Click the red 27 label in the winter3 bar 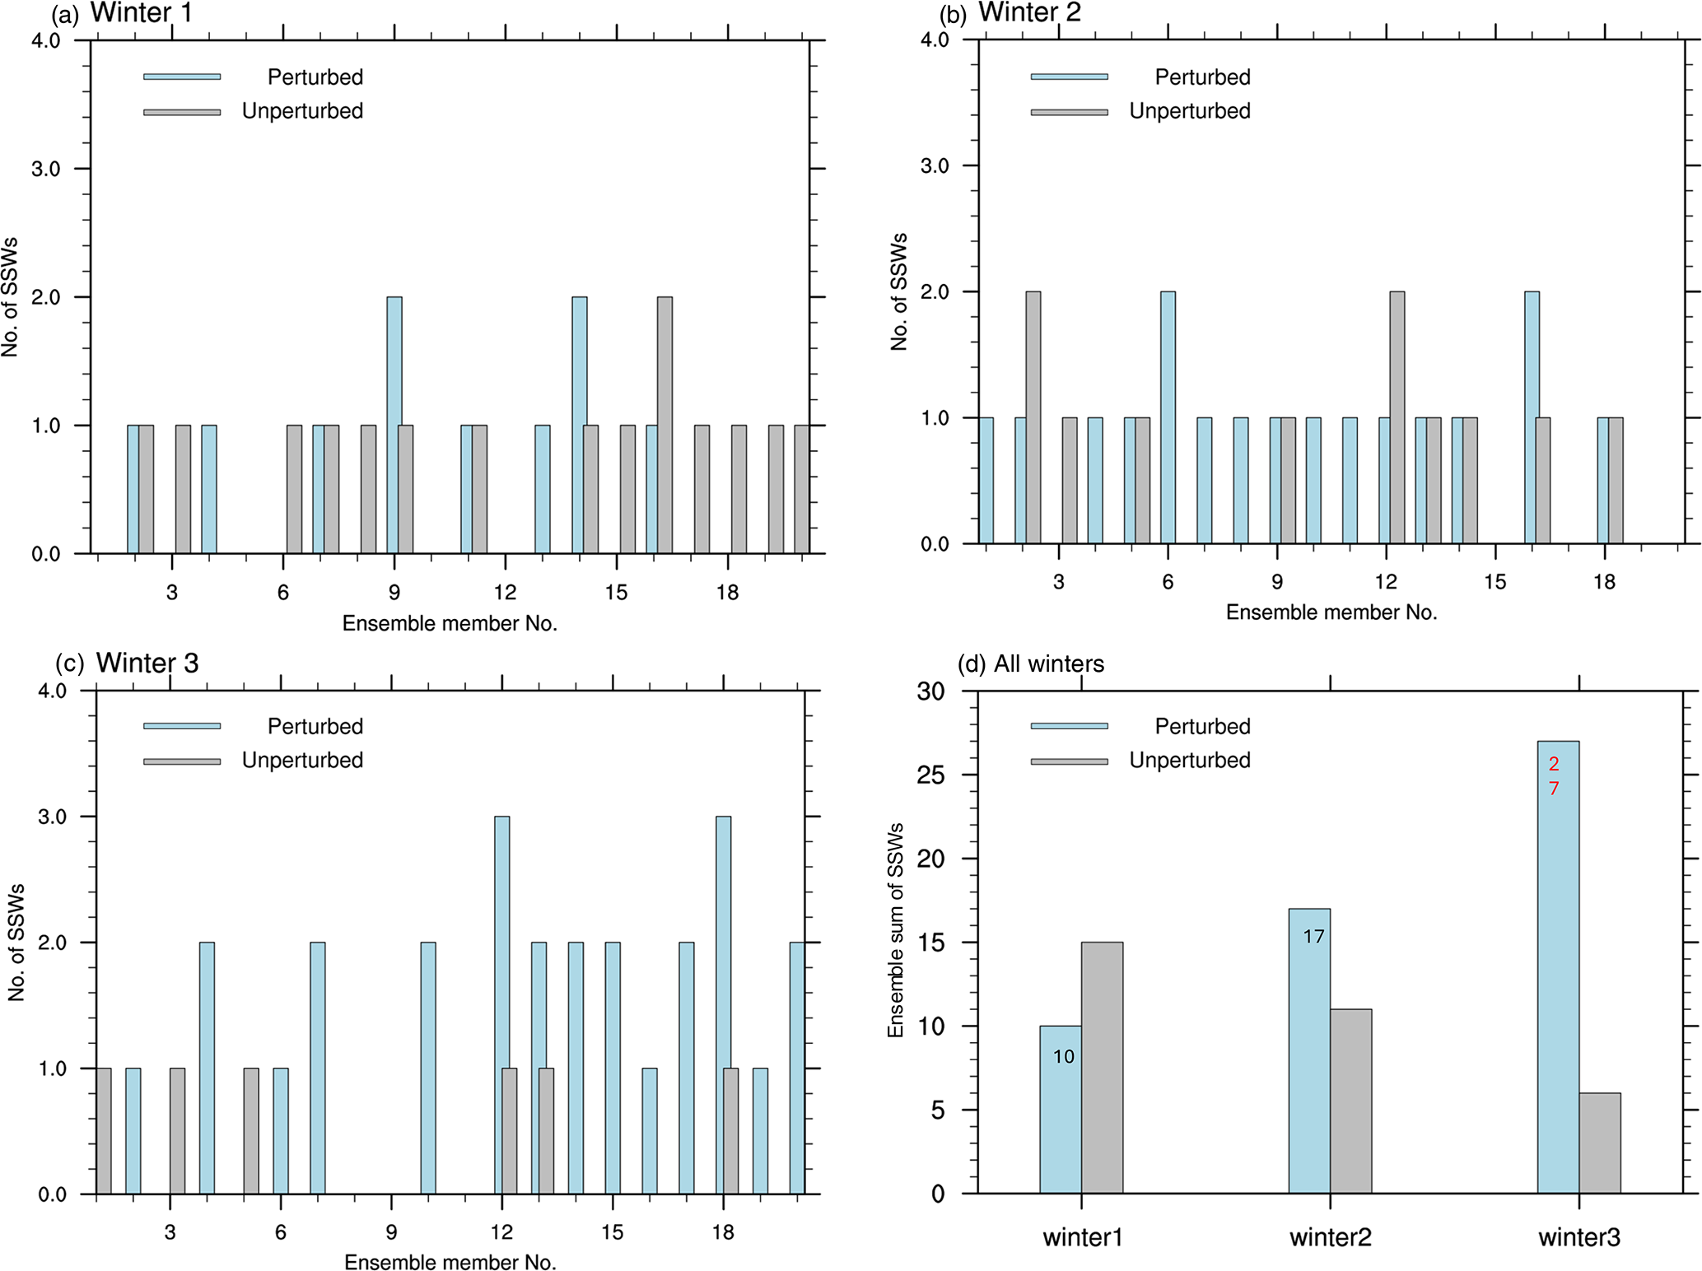point(1554,776)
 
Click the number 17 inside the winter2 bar point(1313,936)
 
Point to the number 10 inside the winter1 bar point(1063,1056)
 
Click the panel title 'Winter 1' point(141,13)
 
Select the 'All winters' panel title point(1048,663)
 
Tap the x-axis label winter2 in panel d point(1330,1237)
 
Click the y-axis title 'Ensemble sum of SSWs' point(896,929)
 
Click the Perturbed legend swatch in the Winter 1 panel point(182,77)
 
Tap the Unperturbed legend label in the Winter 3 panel point(302,760)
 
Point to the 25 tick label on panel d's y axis point(931,775)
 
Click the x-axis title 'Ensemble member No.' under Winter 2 point(1331,612)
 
